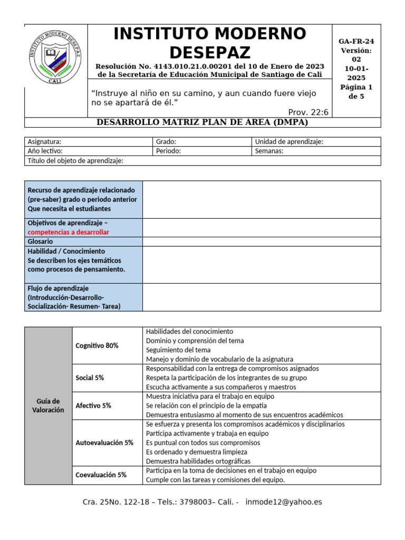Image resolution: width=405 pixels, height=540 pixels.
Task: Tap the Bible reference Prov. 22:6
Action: pos(308,112)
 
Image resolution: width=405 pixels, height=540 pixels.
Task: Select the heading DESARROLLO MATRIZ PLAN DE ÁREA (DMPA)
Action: pos(202,122)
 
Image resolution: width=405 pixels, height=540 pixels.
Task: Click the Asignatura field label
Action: pos(44,142)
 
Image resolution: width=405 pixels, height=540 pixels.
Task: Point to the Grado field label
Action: pos(166,142)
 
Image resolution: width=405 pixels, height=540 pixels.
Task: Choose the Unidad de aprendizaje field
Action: pos(289,142)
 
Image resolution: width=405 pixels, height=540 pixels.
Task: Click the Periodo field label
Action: pos(169,151)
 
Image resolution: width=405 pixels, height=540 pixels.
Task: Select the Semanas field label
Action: pos(269,151)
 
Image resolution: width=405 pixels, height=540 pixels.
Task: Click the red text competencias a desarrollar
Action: pos(69,232)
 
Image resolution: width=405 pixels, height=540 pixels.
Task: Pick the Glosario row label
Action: pos(40,242)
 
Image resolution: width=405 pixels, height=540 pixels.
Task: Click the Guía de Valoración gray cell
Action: pos(48,406)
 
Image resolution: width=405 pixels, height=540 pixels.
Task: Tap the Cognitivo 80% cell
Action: pos(97,345)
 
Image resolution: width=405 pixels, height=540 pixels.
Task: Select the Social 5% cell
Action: pos(90,378)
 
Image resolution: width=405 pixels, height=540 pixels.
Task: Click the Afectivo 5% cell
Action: pos(93,406)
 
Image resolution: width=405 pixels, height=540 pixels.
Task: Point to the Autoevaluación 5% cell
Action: pos(104,443)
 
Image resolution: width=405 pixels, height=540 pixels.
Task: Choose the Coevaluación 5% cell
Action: pos(101,475)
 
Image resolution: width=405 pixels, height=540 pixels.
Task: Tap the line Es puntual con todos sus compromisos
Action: pos(203,443)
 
